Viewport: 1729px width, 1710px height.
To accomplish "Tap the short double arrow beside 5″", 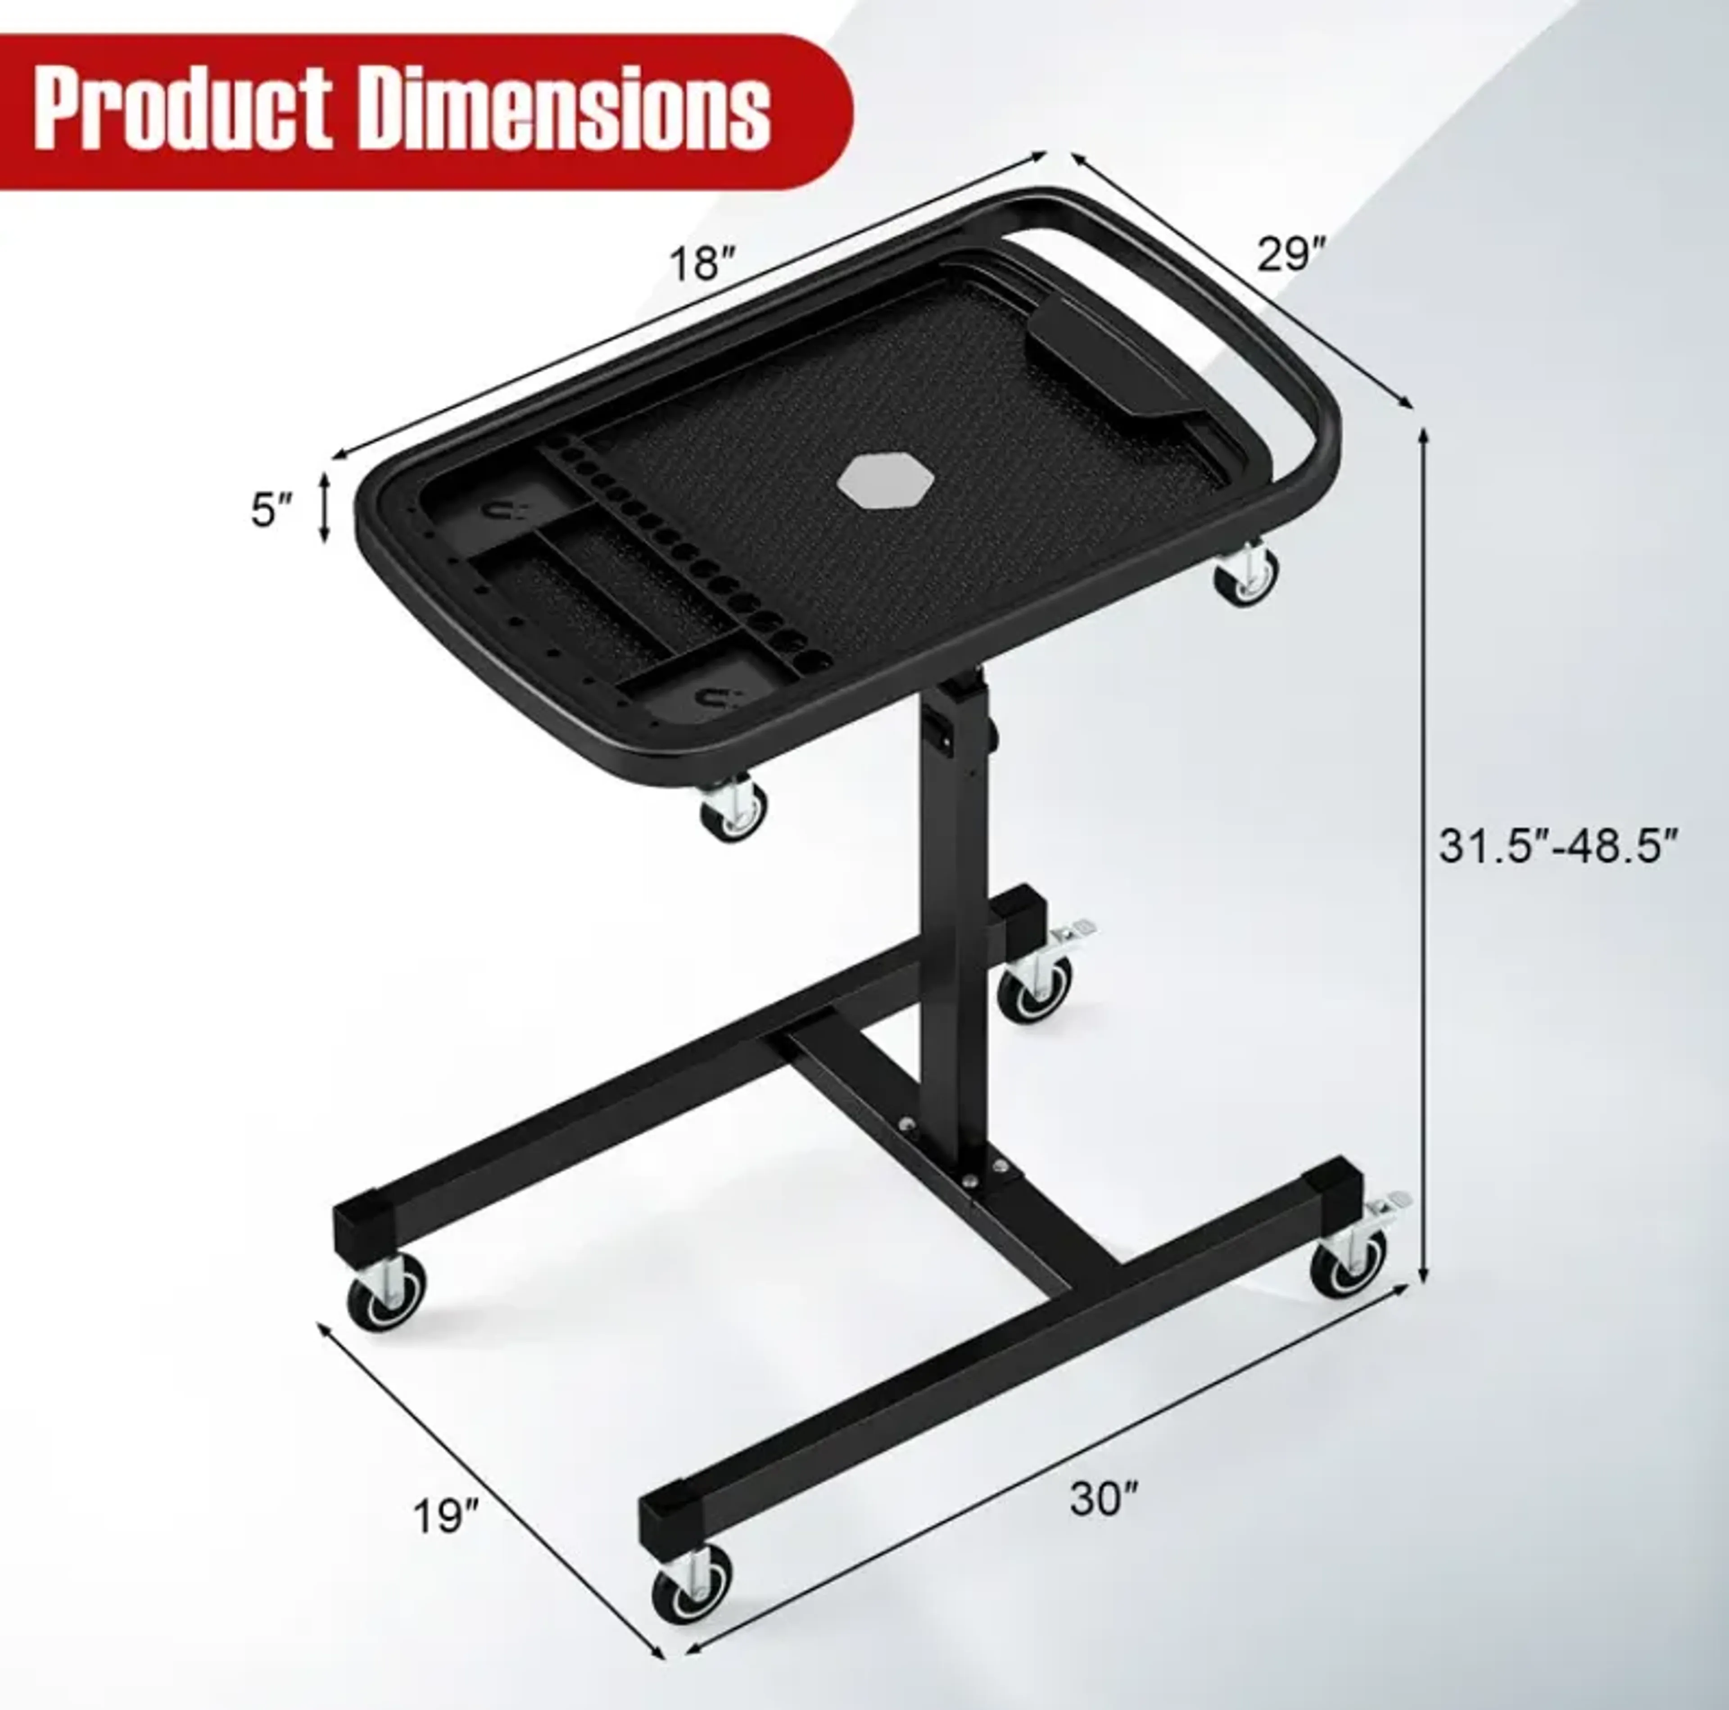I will click(x=326, y=508).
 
